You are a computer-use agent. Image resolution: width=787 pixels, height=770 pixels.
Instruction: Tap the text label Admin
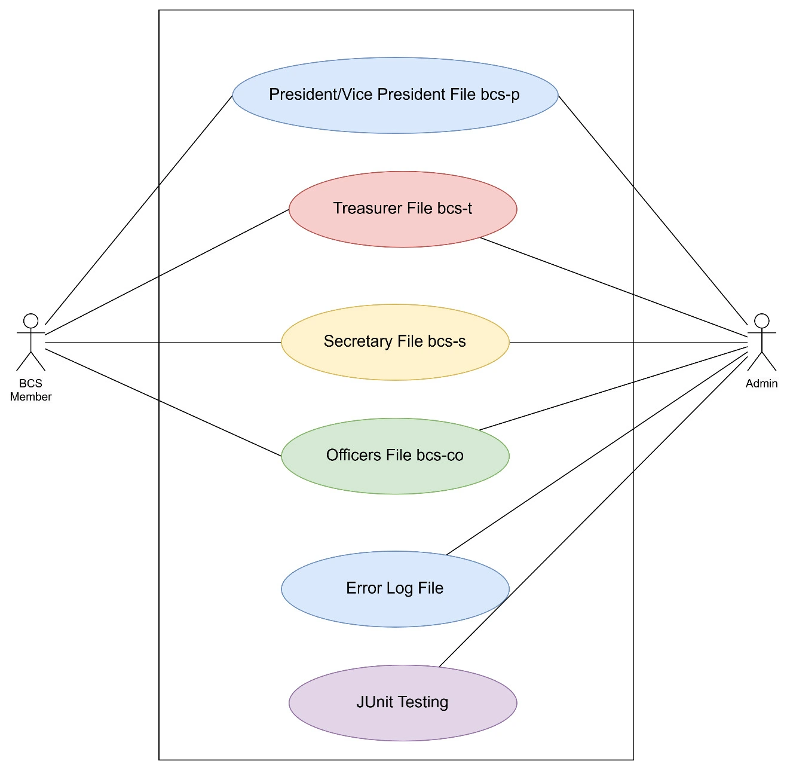[761, 384]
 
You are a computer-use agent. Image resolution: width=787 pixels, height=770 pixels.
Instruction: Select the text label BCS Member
[30, 390]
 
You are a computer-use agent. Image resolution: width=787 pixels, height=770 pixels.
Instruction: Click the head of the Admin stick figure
[761, 321]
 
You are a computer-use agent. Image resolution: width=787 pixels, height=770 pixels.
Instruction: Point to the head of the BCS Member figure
[30, 321]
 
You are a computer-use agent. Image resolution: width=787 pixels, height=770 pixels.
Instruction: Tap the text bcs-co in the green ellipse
[440, 456]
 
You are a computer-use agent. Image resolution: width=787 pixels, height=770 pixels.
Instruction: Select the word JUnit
[375, 702]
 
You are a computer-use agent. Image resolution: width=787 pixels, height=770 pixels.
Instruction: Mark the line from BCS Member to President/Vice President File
[139, 209]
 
